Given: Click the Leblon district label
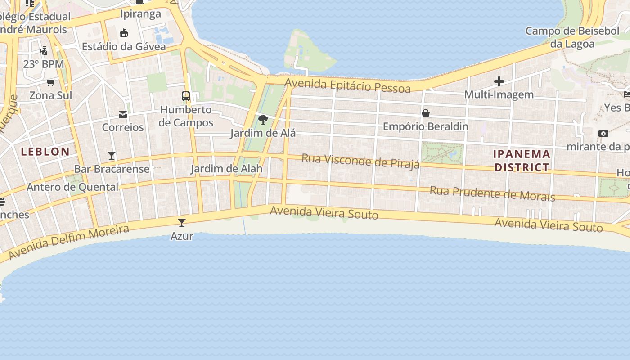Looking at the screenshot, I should tap(45, 152).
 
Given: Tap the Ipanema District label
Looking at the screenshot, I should tap(522, 161).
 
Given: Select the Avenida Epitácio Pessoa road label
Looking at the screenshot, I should tap(347, 85).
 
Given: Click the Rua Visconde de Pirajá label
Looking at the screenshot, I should tap(360, 161).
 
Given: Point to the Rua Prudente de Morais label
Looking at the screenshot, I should tap(492, 193).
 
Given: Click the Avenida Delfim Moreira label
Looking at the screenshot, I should tap(69, 242).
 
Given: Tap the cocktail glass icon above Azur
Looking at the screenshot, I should tap(182, 222).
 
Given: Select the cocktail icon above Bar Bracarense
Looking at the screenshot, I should tap(112, 156).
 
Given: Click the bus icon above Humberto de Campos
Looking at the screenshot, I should tap(185, 96).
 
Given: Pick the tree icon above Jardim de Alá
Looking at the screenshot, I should tap(263, 120).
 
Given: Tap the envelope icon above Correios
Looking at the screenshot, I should tap(123, 114).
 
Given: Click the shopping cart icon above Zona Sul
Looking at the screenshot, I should tap(51, 82).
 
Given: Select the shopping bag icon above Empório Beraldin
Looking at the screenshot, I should tap(425, 113).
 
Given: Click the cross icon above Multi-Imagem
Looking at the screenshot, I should tap(499, 81).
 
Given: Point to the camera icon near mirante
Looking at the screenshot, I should tap(603, 133).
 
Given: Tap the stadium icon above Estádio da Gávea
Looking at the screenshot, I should tap(124, 33).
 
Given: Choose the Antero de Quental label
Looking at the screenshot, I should tap(73, 187).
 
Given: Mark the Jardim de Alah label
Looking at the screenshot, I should tap(226, 169).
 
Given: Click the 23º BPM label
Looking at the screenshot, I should tap(44, 64).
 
